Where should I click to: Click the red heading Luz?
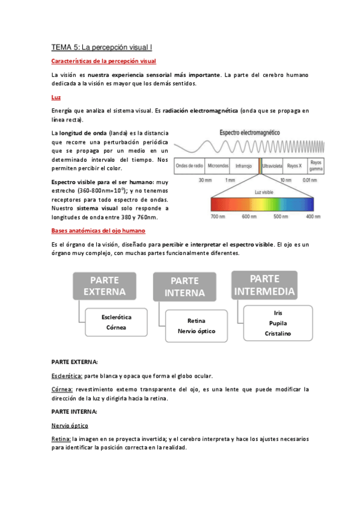[x=56, y=97]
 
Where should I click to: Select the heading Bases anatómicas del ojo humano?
[x=98, y=230]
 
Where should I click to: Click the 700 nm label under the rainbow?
[x=218, y=217]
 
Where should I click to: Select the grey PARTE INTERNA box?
[x=188, y=287]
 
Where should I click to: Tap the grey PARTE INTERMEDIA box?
[x=264, y=285]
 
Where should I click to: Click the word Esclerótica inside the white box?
[x=117, y=316]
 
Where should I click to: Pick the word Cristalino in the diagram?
[x=278, y=333]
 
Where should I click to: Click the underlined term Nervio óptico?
[x=70, y=425]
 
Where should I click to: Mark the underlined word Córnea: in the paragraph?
[x=63, y=389]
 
